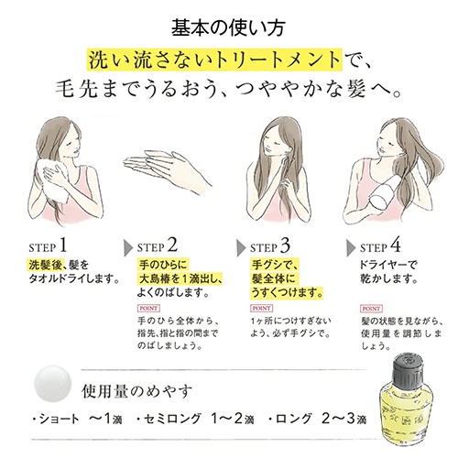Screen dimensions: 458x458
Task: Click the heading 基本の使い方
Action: coord(228,28)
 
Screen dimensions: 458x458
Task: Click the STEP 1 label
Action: coord(48,245)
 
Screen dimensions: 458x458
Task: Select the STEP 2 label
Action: coord(158,245)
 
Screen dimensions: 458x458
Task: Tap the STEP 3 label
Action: coord(270,245)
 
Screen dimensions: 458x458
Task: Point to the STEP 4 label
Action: coord(380,245)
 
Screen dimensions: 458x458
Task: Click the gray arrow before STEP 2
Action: coord(128,248)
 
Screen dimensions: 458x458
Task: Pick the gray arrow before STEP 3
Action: coord(241,248)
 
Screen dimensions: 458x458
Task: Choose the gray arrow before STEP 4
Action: coord(351,248)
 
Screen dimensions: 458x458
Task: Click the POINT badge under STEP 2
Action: coord(148,309)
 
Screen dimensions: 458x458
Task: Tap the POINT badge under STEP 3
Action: coord(262,309)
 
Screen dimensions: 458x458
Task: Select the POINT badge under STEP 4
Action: coord(372,309)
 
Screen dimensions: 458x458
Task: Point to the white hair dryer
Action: coord(386,194)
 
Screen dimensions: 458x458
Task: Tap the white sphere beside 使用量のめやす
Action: coord(52,384)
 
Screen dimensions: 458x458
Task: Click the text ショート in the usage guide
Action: coord(60,419)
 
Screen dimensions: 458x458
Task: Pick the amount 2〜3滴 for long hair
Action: coord(343,419)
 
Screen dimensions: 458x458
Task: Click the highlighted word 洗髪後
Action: coord(46,265)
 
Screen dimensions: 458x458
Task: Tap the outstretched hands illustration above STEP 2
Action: coord(167,171)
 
